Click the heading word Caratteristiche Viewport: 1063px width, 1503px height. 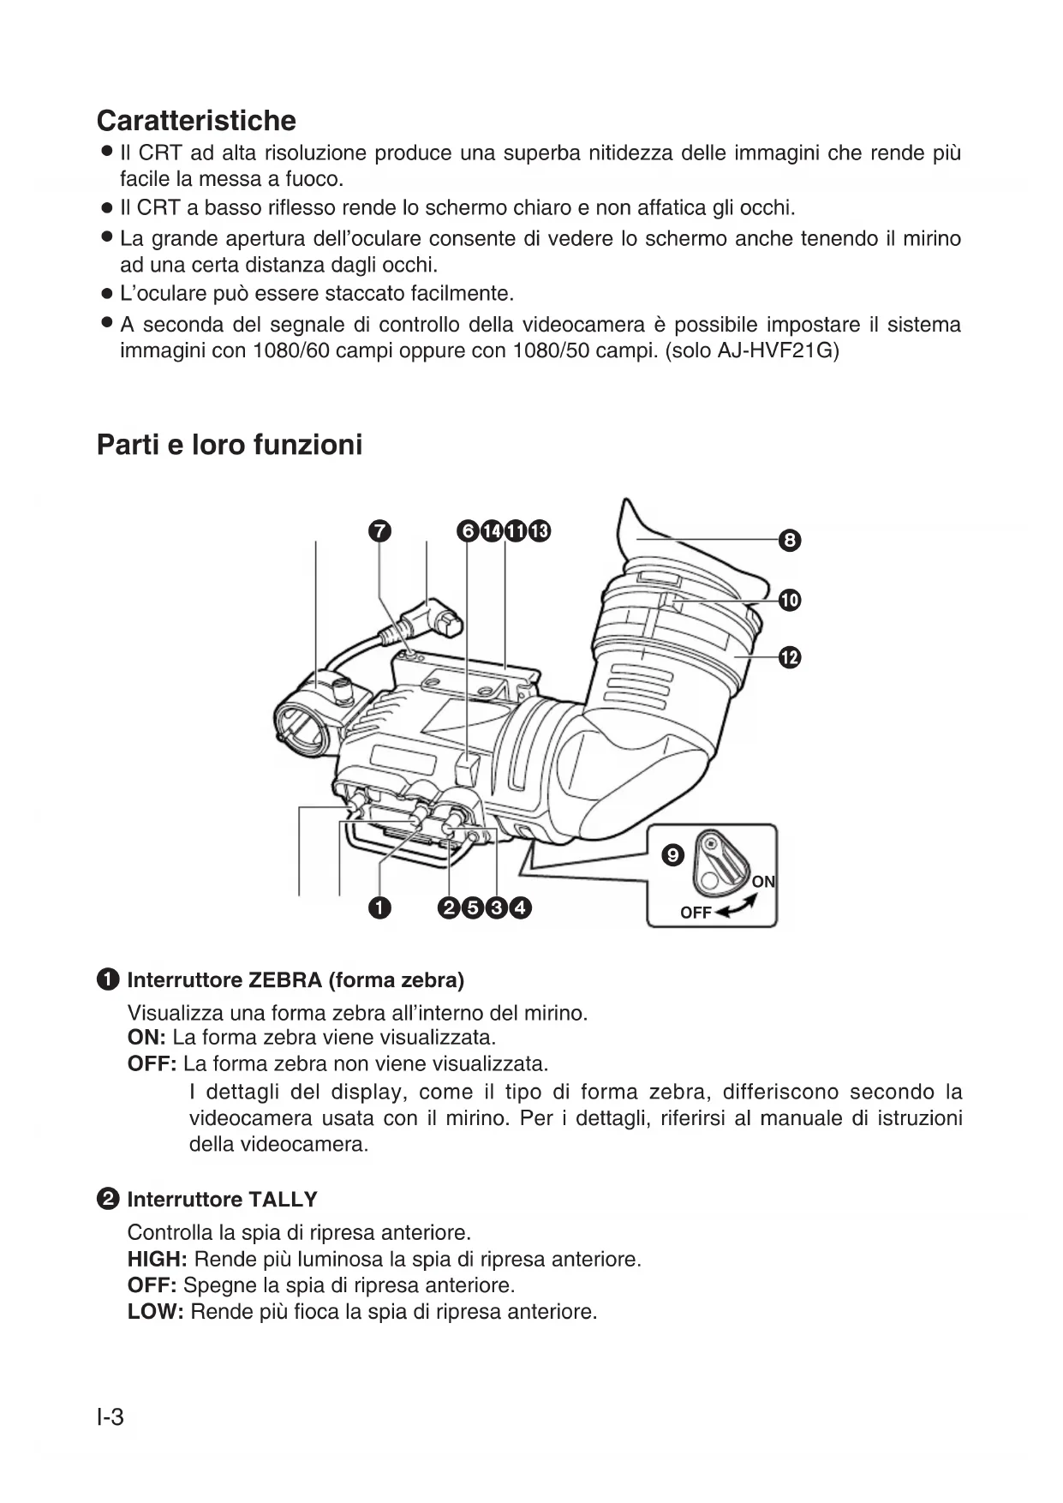[196, 121]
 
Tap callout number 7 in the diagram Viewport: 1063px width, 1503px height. [379, 531]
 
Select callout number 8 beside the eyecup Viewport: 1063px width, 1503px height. [790, 541]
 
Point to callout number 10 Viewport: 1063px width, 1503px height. [790, 600]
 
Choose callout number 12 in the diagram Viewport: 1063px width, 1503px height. [790, 657]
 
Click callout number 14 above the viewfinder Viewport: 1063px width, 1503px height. [492, 531]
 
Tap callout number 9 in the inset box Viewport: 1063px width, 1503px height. [673, 854]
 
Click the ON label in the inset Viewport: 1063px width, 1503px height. [763, 882]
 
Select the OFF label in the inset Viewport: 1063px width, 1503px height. [696, 913]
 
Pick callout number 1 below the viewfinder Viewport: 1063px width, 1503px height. [379, 907]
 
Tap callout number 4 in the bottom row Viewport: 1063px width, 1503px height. [520, 907]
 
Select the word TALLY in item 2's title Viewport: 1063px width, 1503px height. [282, 1200]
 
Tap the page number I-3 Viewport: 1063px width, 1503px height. [110, 1417]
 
